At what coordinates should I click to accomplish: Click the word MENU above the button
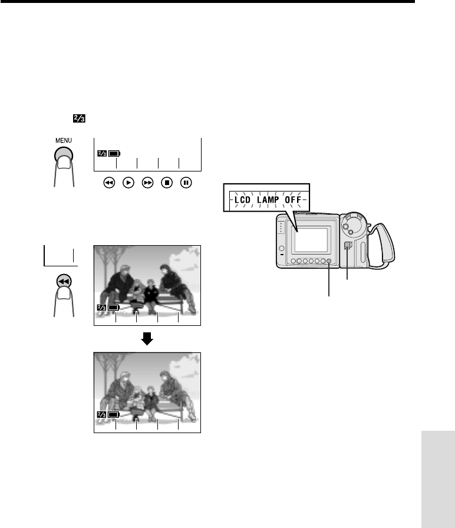64,140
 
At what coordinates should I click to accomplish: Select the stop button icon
167,183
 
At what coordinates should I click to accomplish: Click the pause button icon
186,183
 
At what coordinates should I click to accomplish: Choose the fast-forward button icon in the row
147,183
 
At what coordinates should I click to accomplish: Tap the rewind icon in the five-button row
109,183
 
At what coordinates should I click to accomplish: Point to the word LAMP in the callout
268,200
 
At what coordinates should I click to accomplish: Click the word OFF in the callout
293,200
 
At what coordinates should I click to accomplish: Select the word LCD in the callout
242,200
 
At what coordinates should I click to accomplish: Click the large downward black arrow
147,339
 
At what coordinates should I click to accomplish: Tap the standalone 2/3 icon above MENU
80,118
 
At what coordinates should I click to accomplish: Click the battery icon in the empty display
114,154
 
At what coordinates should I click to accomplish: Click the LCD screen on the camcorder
311,240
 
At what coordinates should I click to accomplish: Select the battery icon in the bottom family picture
114,414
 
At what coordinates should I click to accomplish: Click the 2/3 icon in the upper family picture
101,308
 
